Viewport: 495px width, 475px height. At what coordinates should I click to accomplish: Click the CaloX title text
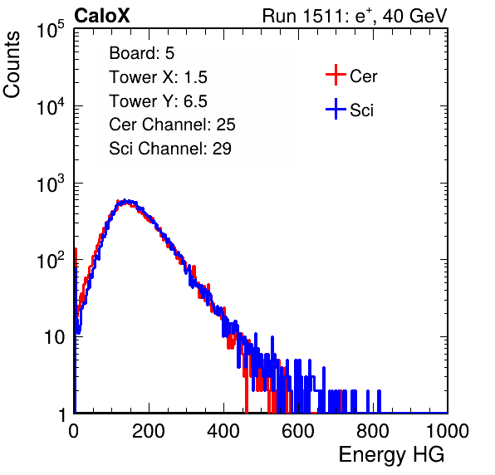(102, 16)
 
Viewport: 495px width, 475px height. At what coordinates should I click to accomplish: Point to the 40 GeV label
(414, 17)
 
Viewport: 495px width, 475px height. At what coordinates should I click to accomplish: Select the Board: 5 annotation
(141, 53)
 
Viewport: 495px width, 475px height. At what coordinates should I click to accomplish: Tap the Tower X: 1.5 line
(158, 77)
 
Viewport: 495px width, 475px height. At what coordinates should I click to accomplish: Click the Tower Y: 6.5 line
(158, 101)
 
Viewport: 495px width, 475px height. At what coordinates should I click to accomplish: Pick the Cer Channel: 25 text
(172, 125)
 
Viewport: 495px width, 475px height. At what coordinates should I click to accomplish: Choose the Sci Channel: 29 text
(170, 149)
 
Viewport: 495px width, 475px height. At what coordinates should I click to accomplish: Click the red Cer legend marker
(336, 75)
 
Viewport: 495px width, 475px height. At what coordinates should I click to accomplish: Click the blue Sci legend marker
(336, 109)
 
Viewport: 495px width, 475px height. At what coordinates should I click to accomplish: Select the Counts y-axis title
(12, 65)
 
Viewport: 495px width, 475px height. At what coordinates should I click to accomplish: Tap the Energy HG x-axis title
(391, 455)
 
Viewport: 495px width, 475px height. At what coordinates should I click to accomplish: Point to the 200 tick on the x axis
(149, 431)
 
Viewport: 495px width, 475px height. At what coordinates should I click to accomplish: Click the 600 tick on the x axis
(298, 431)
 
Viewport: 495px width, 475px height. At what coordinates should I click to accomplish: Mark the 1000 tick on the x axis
(448, 431)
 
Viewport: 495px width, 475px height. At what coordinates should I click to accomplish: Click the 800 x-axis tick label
(373, 431)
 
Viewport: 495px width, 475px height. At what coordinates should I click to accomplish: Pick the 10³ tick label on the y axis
(51, 183)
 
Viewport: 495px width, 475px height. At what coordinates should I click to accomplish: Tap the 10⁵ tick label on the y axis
(51, 29)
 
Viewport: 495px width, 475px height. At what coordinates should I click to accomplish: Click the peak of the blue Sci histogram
(125, 200)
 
